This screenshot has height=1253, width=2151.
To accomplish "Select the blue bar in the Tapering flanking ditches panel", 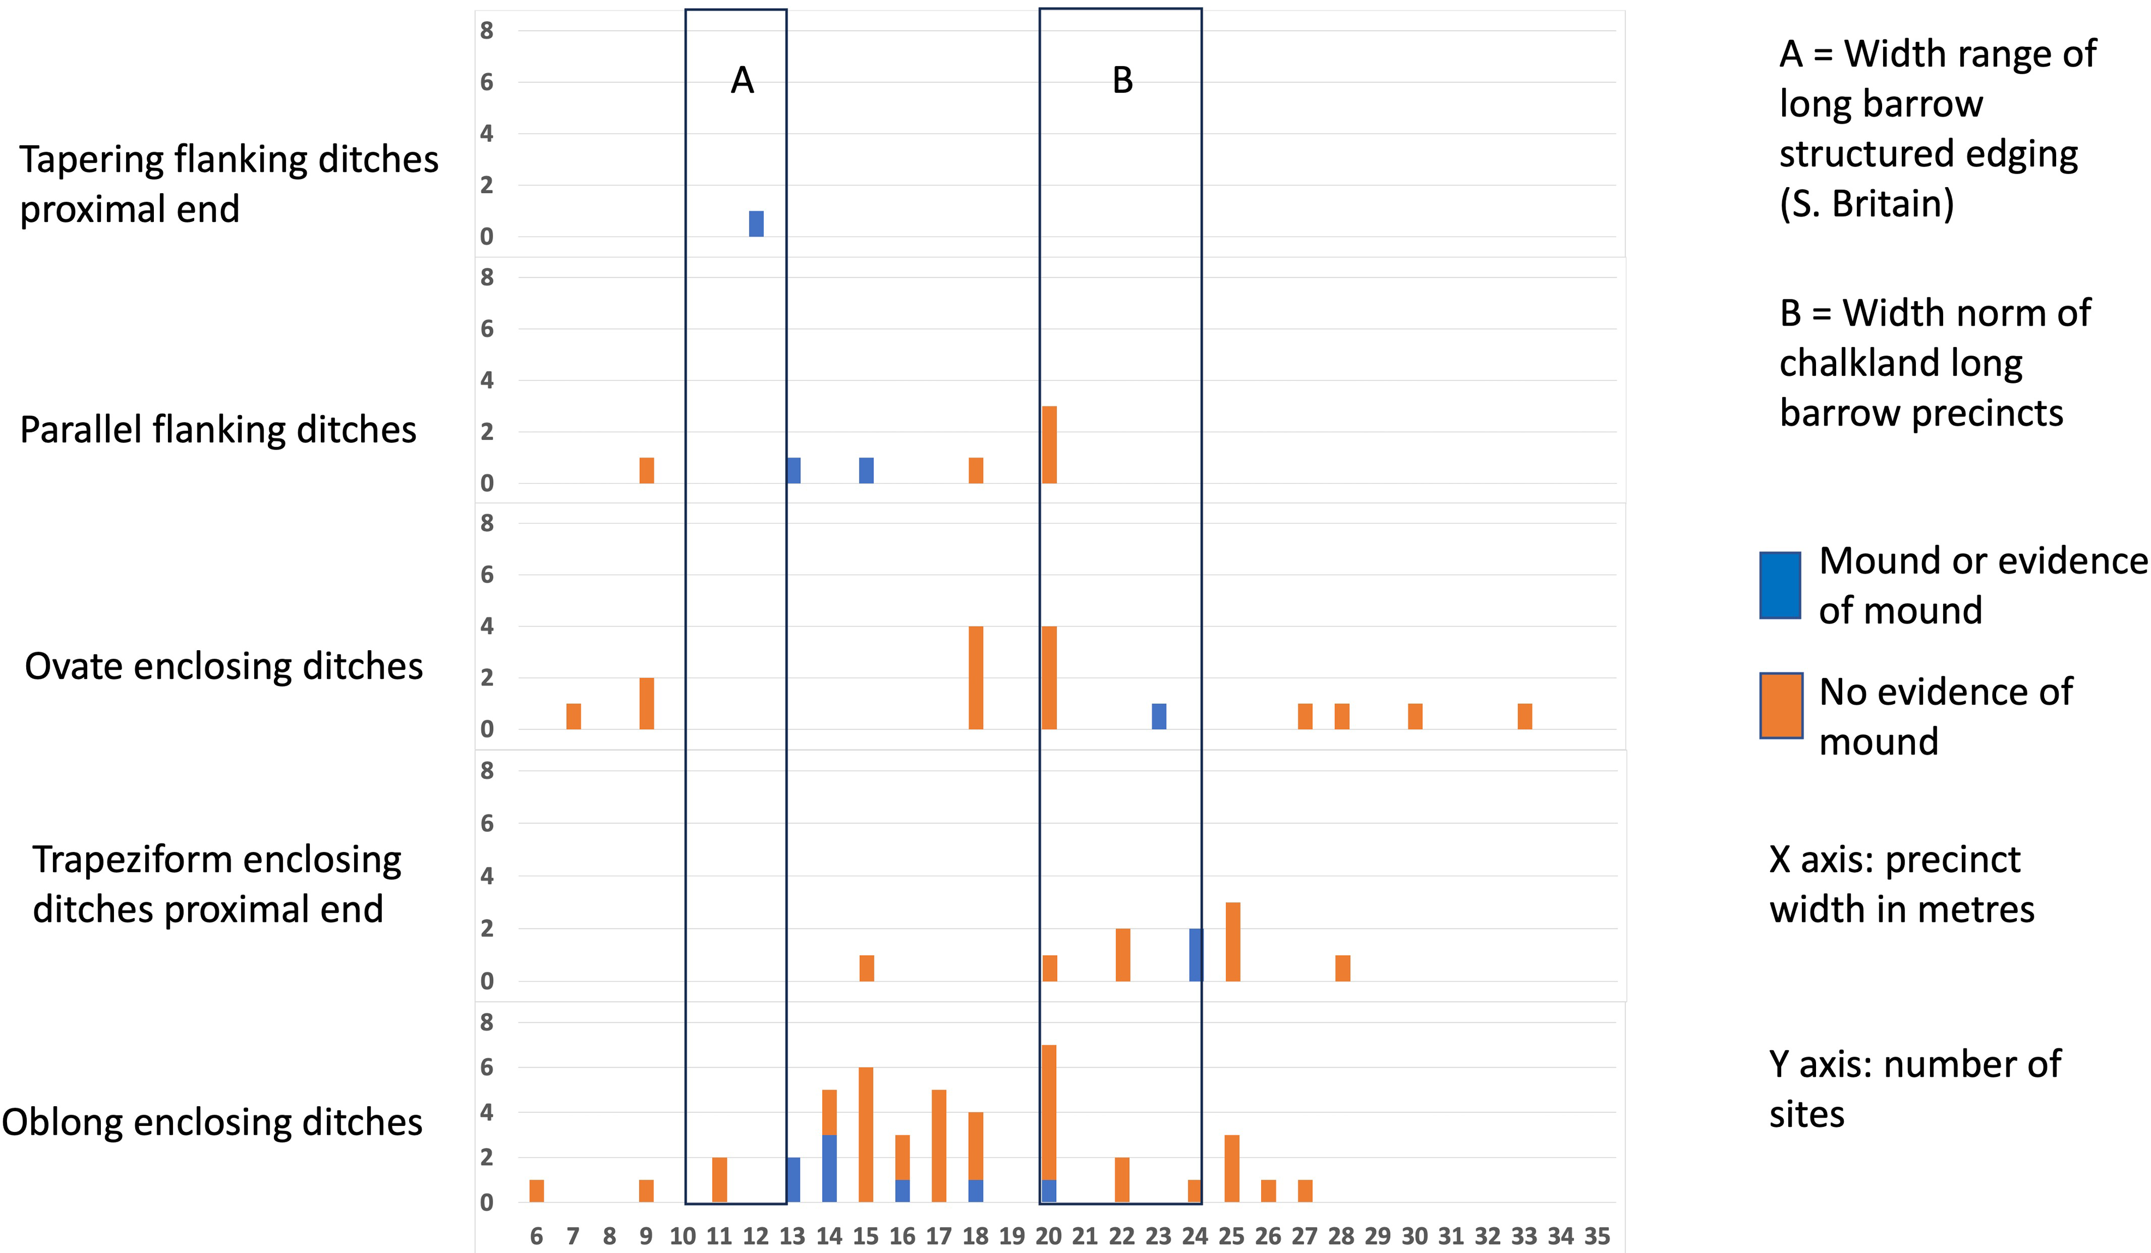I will click(x=756, y=224).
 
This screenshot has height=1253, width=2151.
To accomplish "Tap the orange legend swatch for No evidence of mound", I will click(x=1781, y=706).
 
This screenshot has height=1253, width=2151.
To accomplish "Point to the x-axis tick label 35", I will click(x=1597, y=1236).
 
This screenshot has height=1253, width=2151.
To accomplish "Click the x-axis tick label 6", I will click(x=536, y=1236).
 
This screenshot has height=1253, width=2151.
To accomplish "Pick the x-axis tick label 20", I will click(x=1048, y=1236).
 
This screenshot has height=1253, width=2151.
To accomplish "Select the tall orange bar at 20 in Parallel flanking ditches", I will click(x=1049, y=445).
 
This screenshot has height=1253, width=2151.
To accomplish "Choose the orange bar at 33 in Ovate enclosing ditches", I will click(x=1525, y=716).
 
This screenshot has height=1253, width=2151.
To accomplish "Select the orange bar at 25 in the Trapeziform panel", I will click(x=1232, y=942).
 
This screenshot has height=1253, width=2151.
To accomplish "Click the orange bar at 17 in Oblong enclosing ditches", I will click(x=939, y=1146).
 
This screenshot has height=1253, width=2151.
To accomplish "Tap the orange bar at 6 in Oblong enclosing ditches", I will click(x=537, y=1191).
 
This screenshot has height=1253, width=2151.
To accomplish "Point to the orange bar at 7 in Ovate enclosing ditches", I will click(x=573, y=716).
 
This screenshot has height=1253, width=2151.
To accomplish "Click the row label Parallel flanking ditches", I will click(x=218, y=429).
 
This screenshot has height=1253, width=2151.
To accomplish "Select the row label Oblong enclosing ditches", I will click(x=212, y=1122).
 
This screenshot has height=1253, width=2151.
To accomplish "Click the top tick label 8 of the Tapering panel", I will click(x=487, y=31).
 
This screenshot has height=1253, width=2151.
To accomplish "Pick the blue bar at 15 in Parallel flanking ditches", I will click(x=866, y=470).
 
